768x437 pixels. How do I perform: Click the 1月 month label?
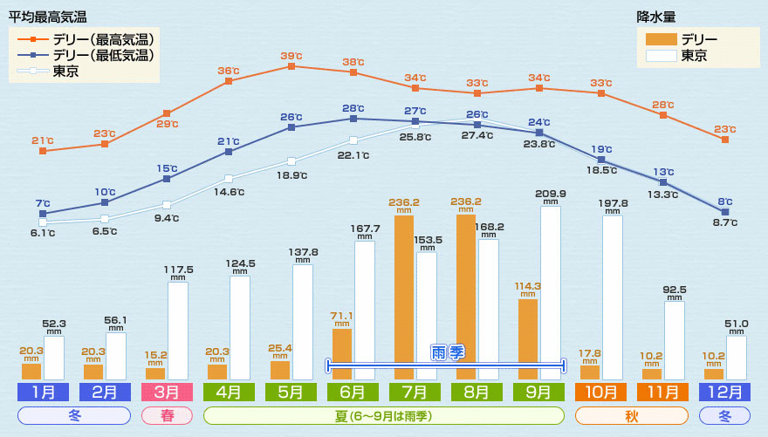click(42, 393)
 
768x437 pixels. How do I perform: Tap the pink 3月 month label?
click(167, 393)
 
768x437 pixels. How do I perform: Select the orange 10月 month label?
click(601, 393)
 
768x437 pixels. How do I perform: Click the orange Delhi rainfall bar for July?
click(404, 297)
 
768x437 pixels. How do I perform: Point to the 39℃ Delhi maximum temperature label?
click(291, 56)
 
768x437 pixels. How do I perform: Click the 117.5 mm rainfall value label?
click(178, 270)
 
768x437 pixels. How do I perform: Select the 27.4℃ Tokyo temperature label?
click(477, 136)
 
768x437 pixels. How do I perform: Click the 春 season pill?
click(167, 415)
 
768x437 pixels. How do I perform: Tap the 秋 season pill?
click(632, 415)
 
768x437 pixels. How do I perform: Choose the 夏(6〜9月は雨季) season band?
click(383, 415)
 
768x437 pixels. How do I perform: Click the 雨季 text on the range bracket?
click(447, 352)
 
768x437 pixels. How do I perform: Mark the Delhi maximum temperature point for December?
click(725, 139)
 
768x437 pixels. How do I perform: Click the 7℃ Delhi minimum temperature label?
click(42, 203)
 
